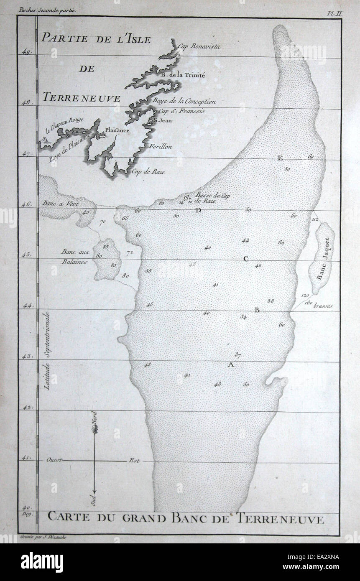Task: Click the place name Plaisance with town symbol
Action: click(x=116, y=130)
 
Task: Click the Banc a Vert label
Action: click(x=58, y=204)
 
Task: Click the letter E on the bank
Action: click(x=280, y=158)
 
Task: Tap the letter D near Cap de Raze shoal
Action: click(x=198, y=210)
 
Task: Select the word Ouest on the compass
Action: click(x=55, y=461)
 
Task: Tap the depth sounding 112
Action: click(x=315, y=219)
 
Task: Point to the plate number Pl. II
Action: click(x=334, y=13)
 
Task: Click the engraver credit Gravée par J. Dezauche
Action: click(x=41, y=536)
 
